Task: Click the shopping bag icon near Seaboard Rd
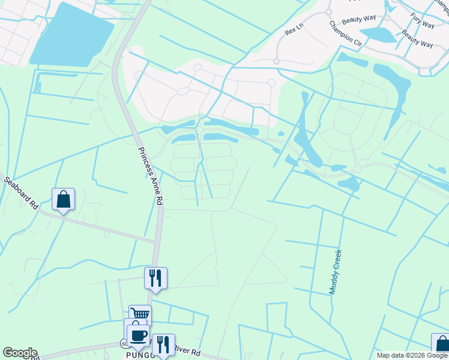(63, 199)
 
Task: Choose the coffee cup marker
(138, 335)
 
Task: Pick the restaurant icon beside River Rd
(163, 344)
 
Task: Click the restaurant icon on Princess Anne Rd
(155, 277)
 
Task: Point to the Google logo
(20, 353)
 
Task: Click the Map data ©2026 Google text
(412, 355)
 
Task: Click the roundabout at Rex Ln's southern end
(276, 61)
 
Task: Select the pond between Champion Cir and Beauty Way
(378, 34)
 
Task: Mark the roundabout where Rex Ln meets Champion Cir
(328, 12)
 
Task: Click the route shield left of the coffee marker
(124, 344)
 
